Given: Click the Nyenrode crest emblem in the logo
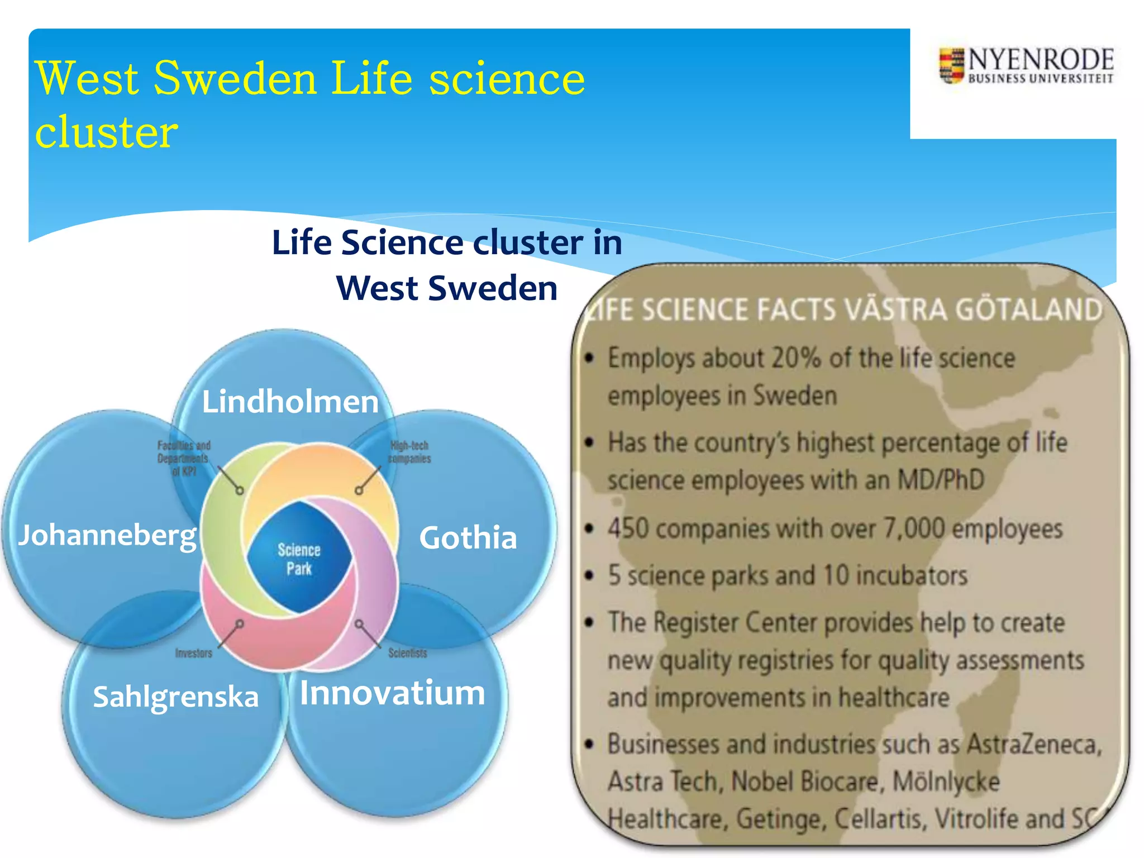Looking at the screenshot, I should pos(951,66).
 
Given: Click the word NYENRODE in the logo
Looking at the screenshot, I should pos(1041,59).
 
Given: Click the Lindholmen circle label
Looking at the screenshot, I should pos(290,402).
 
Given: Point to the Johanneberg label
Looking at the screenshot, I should pos(107,535).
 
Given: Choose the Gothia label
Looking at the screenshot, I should pos(468,538).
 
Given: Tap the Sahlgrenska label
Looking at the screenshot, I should pos(175,697).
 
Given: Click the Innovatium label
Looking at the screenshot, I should pos(392,693).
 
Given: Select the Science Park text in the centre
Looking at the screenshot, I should pos(299,559).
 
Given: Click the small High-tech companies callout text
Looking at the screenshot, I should pos(409,452).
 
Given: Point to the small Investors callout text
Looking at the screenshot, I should pos(193,653).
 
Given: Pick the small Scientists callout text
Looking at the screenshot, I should pos(407,653).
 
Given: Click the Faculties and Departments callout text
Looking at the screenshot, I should pos(183,458).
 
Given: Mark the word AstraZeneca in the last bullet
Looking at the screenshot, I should pos(1034,744).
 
